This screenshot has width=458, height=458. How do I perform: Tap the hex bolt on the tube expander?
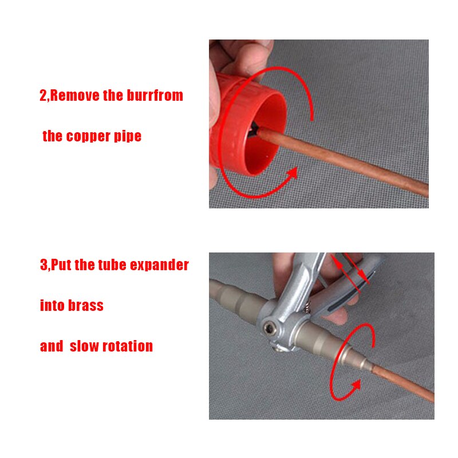pos(270,329)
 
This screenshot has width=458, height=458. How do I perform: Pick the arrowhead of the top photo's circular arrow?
pos(292,173)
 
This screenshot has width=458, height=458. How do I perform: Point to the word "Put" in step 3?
pos(62,266)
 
